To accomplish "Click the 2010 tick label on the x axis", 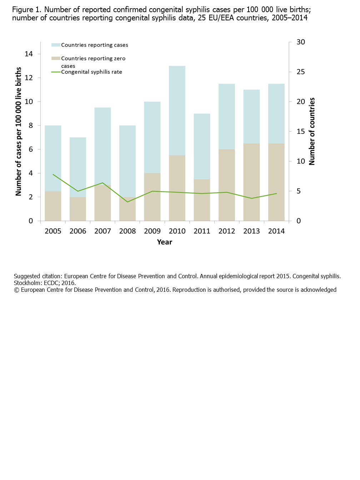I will point(177,231).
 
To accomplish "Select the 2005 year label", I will point(53,231).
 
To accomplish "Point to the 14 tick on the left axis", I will point(29,54).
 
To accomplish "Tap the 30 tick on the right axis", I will point(301,42).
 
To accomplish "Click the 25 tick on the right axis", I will point(301,72).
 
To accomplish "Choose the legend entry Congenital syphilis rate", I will point(91,72).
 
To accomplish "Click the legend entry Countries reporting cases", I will point(94,45).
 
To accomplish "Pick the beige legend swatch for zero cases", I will point(56,58).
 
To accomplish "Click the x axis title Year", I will point(165,242).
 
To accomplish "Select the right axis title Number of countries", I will point(312,131).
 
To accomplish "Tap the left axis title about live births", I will point(19,131).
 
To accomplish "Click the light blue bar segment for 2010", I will point(177,110).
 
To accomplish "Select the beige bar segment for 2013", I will point(251,182).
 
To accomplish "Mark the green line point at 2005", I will point(53,174).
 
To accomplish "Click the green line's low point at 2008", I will point(127,202).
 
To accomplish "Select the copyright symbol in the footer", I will point(16,290).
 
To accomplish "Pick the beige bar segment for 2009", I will point(152,197).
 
